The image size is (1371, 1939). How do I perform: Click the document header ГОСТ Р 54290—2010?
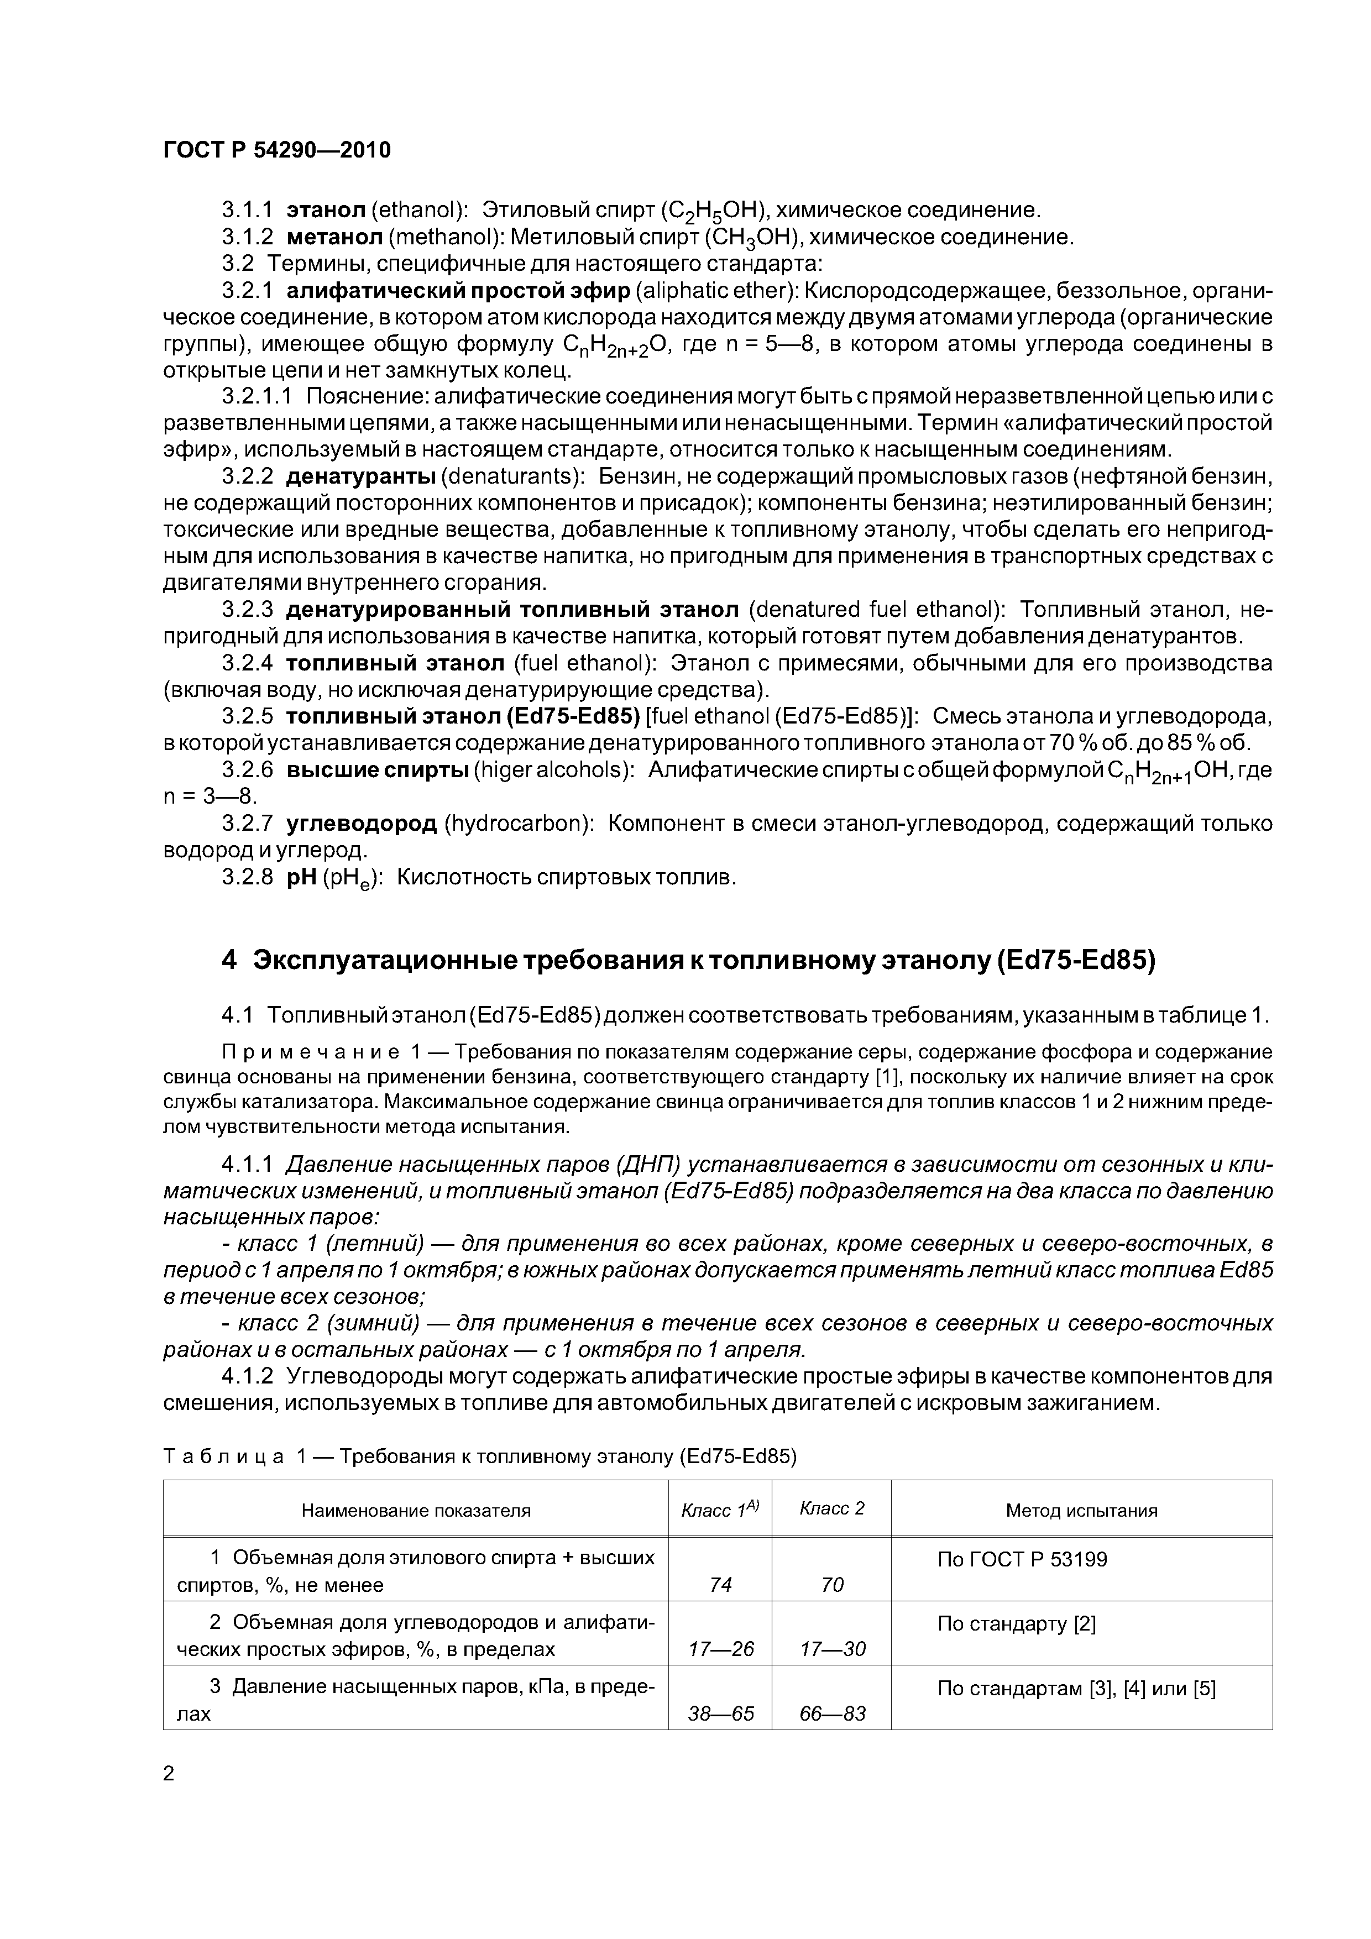pos(277,151)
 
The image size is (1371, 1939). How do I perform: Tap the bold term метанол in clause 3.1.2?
pos(334,237)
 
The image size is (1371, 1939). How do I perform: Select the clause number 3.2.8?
pos(248,877)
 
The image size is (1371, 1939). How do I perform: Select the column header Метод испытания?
pos(1081,1510)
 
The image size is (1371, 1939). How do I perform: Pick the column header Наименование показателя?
pos(416,1510)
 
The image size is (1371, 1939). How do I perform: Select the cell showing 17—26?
pos(720,1648)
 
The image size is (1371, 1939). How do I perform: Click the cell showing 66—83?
pos(831,1713)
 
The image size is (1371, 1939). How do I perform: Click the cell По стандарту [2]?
pos(1016,1623)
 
